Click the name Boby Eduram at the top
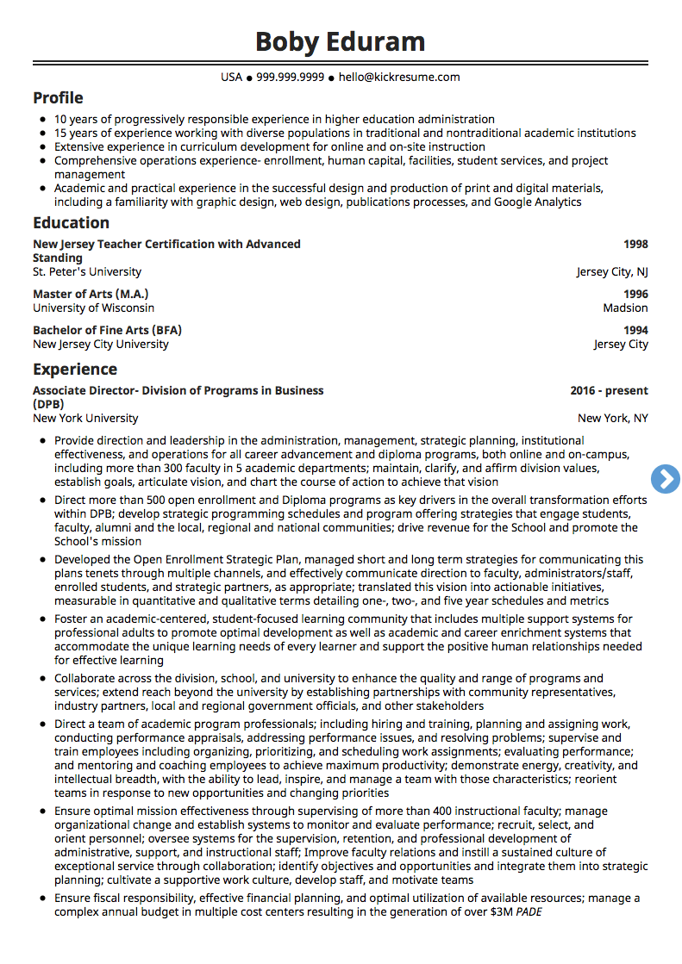click(x=341, y=41)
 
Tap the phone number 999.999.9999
click(x=290, y=78)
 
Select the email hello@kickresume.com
click(x=399, y=78)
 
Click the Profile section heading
click(x=58, y=98)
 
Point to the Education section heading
click(x=71, y=223)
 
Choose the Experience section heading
click(x=75, y=370)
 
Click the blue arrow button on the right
click(x=666, y=479)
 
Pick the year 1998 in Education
click(x=635, y=245)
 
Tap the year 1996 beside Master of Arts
click(x=635, y=294)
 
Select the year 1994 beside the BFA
click(x=635, y=330)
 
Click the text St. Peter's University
click(x=87, y=272)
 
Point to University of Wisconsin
click(x=94, y=308)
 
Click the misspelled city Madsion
click(x=625, y=308)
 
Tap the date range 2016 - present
click(x=609, y=391)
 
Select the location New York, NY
click(x=612, y=419)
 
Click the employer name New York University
click(x=85, y=419)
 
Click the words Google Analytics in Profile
click(x=537, y=202)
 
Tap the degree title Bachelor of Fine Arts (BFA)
click(x=107, y=330)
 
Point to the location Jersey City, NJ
click(x=612, y=272)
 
